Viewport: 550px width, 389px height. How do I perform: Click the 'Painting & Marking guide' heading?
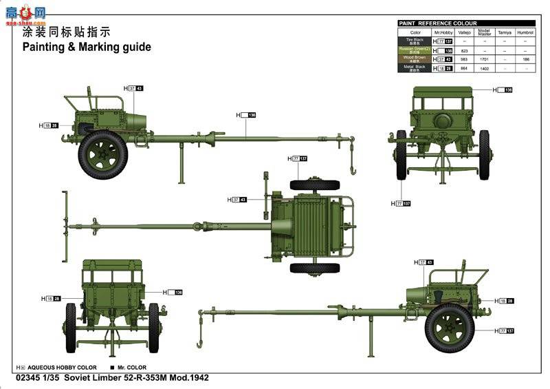click(x=87, y=48)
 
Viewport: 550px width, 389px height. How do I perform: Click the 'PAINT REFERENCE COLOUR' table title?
click(x=438, y=23)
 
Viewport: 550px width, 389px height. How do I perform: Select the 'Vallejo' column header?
click(x=464, y=32)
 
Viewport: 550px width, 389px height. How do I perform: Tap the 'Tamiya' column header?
click(x=505, y=32)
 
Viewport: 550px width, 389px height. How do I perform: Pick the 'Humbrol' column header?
click(x=526, y=32)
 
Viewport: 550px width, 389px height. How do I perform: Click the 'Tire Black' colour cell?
click(x=415, y=42)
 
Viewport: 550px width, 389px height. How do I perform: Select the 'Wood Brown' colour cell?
click(x=415, y=59)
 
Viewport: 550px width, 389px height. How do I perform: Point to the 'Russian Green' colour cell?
click(x=415, y=50)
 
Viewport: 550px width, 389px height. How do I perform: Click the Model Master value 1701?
click(x=484, y=59)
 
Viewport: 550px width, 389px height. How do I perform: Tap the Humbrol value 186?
click(x=526, y=59)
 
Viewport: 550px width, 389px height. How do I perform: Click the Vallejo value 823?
click(x=464, y=51)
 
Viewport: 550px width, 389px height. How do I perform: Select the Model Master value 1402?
click(x=484, y=68)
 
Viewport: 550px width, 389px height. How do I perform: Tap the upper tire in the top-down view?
click(x=314, y=185)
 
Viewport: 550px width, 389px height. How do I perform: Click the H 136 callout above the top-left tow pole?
click(x=246, y=114)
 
